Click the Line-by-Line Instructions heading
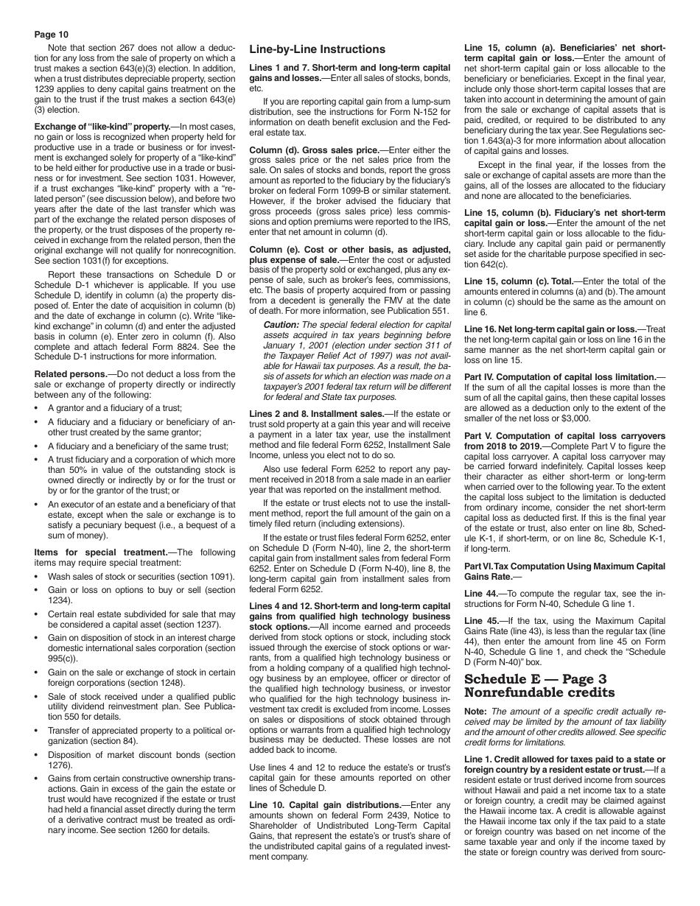click(x=317, y=49)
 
